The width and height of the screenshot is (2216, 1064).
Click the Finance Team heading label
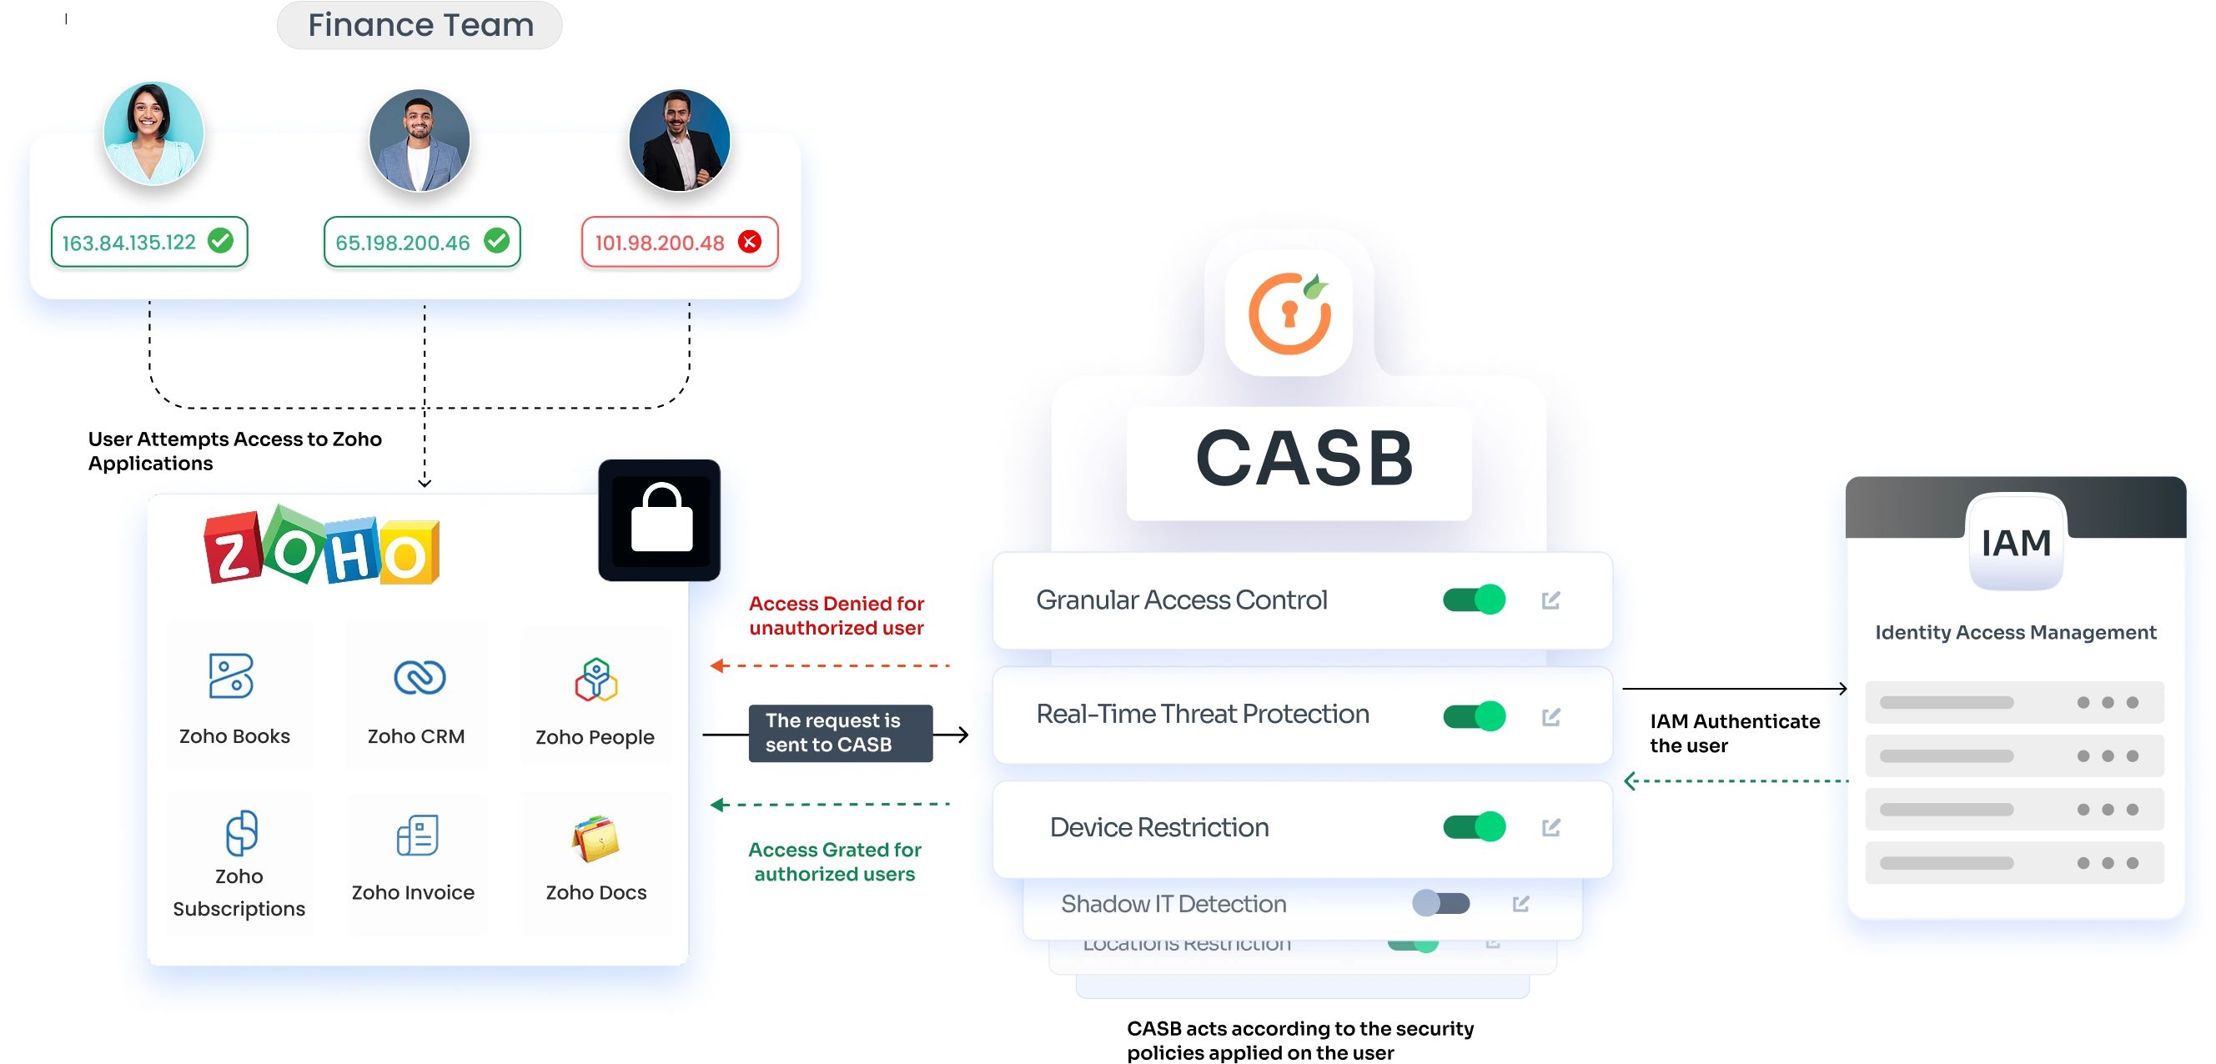pos(420,25)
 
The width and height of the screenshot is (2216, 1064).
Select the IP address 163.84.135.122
pos(129,243)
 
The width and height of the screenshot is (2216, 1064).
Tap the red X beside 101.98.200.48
pos(750,242)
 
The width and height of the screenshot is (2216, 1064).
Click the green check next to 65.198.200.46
pos(496,241)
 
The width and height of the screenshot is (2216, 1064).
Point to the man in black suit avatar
pos(680,139)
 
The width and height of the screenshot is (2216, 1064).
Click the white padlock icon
pos(661,519)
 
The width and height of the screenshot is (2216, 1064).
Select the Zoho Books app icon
pos(231,676)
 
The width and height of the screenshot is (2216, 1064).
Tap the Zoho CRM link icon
pos(419,677)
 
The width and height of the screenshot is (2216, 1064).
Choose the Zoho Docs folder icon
pos(595,839)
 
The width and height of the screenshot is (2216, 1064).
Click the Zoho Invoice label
pos(413,892)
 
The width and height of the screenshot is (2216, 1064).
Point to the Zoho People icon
pos(596,680)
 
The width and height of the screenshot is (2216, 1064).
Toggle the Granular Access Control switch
pos(1474,600)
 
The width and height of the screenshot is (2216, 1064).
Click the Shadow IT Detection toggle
pos(1441,903)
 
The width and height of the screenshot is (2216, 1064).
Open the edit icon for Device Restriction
pos(1551,827)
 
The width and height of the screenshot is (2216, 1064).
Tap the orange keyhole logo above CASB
pos(1289,313)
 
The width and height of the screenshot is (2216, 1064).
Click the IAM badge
pos(2016,543)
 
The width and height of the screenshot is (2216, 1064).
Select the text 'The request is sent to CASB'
pos(832,733)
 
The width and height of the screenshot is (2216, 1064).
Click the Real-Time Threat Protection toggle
pos(1474,715)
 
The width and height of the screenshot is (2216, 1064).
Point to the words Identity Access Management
pos(2016,632)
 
